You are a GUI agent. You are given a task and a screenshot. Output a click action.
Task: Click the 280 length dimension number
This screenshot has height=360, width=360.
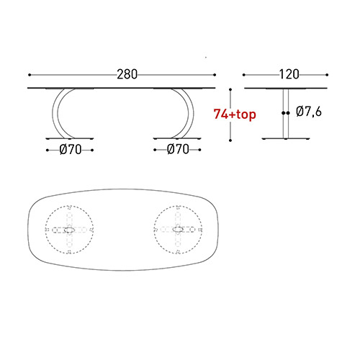click(127, 74)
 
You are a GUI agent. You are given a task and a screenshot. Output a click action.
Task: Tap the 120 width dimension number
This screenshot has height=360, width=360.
click(287, 74)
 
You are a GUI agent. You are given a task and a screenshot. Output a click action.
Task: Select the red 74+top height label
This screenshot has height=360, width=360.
click(235, 113)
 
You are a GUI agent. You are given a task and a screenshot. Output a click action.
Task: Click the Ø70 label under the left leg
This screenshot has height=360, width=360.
click(70, 150)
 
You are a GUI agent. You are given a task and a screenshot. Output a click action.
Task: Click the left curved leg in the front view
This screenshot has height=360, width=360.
click(56, 112)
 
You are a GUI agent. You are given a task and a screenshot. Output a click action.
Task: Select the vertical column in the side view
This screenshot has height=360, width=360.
click(287, 112)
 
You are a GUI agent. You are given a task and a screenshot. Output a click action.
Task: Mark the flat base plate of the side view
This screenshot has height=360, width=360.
click(287, 137)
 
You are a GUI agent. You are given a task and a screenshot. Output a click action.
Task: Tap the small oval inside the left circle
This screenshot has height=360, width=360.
click(70, 230)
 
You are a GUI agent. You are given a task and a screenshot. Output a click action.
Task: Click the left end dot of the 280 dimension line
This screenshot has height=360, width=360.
click(30, 74)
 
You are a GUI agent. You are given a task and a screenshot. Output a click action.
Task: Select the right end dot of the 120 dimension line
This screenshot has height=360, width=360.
click(328, 74)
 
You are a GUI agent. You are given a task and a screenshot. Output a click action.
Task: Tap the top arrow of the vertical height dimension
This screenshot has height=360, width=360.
click(230, 90)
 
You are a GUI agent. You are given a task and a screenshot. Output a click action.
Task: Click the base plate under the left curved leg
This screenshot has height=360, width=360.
click(70, 137)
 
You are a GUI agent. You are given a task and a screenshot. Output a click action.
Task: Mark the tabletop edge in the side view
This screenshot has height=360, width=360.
click(287, 89)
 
